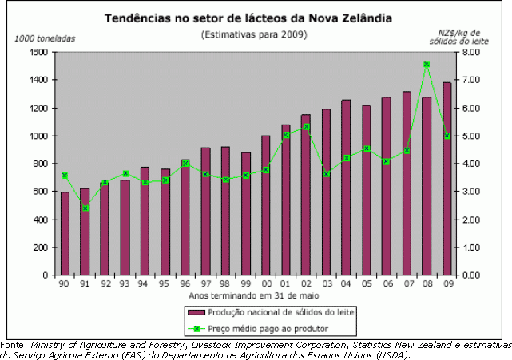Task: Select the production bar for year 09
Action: click(447, 179)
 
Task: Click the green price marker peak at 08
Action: click(427, 65)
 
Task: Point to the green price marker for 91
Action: click(85, 208)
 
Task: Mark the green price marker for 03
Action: click(327, 174)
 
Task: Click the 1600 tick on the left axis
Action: click(38, 53)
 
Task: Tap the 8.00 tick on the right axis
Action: click(470, 53)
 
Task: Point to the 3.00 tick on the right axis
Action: click(470, 192)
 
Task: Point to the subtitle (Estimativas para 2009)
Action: click(254, 34)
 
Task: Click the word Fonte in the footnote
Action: click(14, 344)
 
